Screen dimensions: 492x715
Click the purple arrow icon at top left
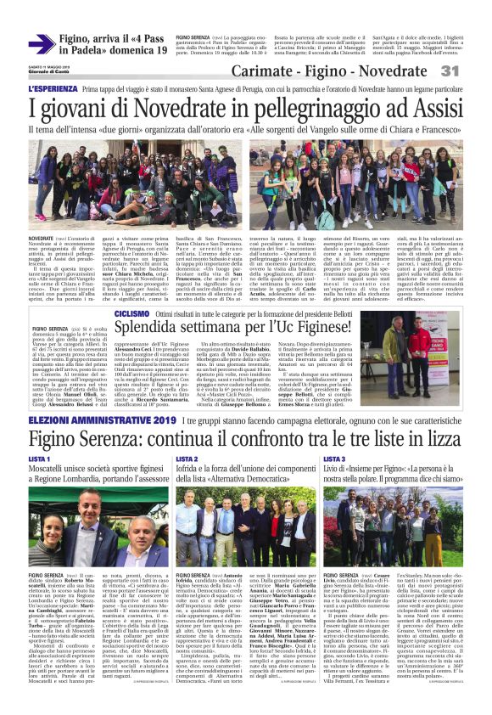point(42,43)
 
